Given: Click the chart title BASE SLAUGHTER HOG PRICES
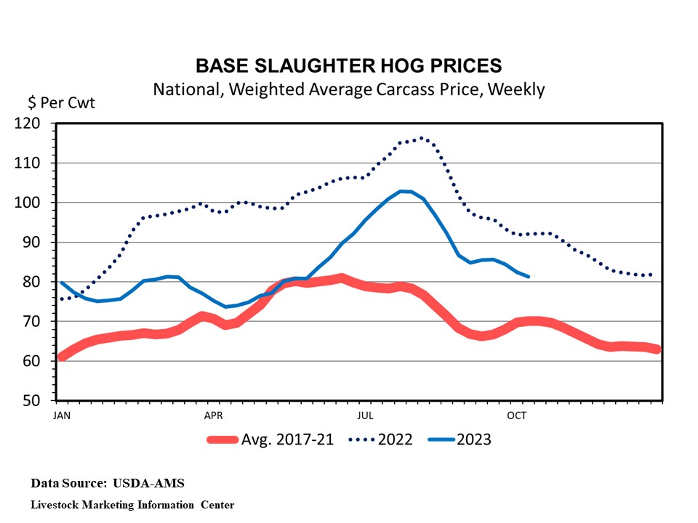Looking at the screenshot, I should [x=348, y=65].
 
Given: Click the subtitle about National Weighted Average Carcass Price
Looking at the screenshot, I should [x=348, y=89].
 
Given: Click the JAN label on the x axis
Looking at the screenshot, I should [x=62, y=415].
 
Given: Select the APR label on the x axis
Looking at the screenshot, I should [x=213, y=415].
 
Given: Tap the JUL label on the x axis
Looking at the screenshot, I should [x=366, y=415].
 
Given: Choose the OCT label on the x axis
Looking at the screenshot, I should [x=517, y=415].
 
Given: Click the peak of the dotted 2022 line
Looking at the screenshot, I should [x=421, y=138].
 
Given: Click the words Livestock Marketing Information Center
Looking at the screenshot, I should [x=132, y=504].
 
